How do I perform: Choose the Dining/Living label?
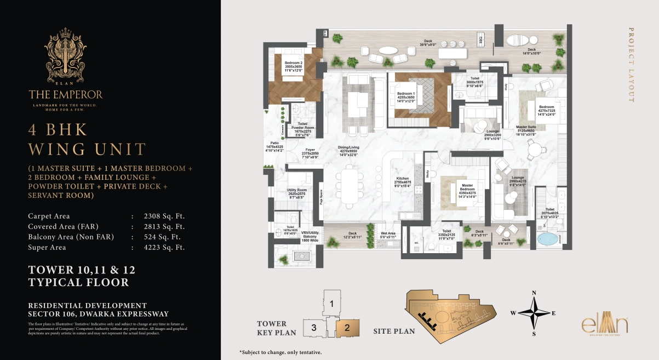pos(348,151)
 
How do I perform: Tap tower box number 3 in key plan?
pos(313,328)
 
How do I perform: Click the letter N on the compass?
pos(533,292)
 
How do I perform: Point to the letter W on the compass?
pos(513,313)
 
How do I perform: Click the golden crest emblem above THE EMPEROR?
pos(65,58)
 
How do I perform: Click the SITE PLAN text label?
pos(394,331)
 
